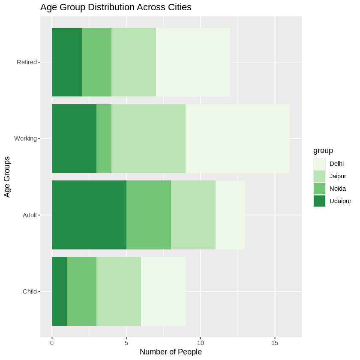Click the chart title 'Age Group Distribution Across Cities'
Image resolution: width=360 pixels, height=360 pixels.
(116, 7)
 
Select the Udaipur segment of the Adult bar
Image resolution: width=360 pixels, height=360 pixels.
(89, 215)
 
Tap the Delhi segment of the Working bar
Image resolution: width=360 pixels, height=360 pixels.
(237, 138)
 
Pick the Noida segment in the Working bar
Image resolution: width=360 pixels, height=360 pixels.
(104, 138)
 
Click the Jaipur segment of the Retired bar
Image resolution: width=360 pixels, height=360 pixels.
(134, 62)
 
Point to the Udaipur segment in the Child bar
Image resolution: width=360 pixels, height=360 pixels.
(59, 291)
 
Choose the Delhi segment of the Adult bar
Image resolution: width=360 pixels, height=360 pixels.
(230, 215)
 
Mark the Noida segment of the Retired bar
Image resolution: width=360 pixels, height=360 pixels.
(96, 62)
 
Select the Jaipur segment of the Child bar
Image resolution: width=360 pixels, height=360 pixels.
(119, 291)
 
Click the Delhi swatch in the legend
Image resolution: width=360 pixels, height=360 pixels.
(319, 163)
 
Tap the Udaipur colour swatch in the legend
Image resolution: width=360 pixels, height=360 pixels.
(319, 201)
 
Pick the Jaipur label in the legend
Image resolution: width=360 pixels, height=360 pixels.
(338, 176)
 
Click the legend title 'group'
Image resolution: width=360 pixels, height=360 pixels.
(323, 150)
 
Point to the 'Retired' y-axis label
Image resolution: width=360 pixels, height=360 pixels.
(27, 62)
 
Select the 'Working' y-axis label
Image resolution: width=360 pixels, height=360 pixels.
(25, 138)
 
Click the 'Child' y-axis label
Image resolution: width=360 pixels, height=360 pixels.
(30, 291)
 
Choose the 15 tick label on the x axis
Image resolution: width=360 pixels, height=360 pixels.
(275, 342)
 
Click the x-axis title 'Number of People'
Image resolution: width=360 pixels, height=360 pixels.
(171, 352)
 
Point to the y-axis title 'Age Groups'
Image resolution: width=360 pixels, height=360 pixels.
(7, 177)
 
